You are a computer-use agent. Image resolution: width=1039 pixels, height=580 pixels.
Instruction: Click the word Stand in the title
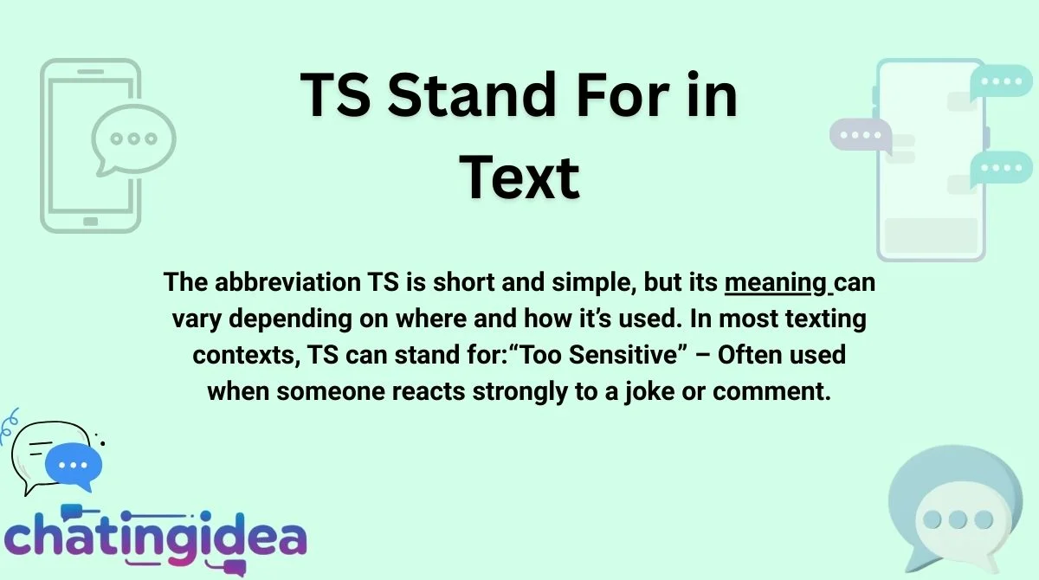(472, 95)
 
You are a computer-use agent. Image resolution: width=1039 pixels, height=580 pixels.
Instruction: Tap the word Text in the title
(519, 177)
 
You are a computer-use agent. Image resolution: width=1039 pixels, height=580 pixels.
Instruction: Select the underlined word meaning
(776, 283)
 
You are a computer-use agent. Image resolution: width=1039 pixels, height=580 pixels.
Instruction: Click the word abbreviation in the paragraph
(287, 282)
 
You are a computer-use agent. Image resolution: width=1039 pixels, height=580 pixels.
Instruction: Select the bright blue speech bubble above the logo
(74, 466)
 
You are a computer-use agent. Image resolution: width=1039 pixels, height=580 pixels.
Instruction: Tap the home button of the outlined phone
(90, 222)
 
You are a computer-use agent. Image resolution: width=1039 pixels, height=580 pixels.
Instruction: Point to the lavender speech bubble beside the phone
(861, 135)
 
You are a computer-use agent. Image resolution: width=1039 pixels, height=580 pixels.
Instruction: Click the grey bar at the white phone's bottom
(931, 235)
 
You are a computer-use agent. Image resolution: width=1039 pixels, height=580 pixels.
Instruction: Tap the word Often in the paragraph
(746, 355)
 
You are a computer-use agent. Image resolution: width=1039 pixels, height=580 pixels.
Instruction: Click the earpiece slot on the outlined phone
(90, 71)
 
